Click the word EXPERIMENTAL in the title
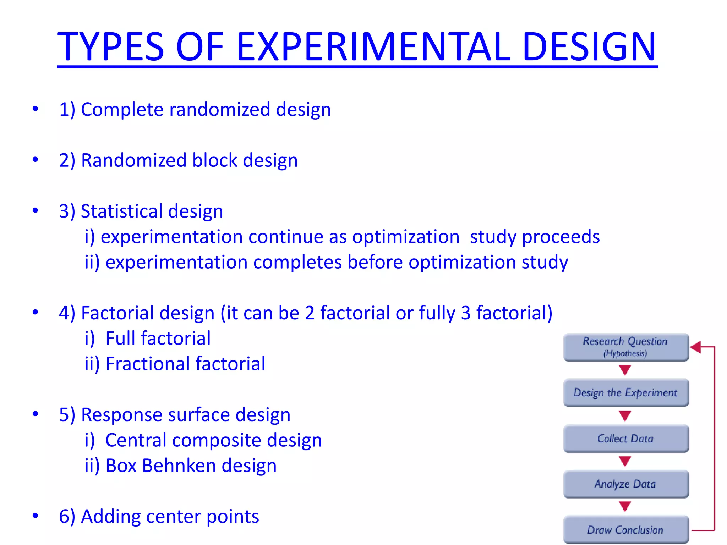(373, 47)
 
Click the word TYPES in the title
(110, 47)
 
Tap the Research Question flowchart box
(625, 347)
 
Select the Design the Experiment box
(625, 393)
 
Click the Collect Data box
(625, 439)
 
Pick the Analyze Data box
(625, 484)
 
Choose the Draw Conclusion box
(625, 530)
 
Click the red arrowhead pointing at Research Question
(696, 347)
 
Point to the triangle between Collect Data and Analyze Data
(625, 461)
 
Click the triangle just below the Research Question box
(625, 370)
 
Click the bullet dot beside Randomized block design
(35, 160)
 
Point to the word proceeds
(561, 237)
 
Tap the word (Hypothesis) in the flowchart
(625, 353)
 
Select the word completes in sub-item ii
(297, 263)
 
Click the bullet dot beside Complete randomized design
(35, 109)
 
